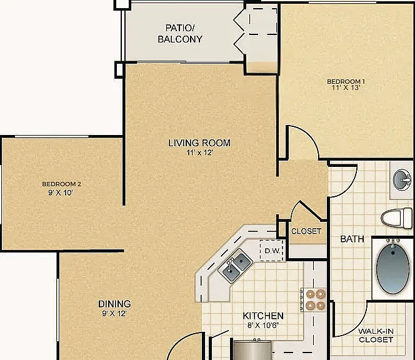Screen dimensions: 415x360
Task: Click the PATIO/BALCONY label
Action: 180,33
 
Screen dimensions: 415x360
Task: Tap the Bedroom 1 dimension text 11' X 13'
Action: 346,87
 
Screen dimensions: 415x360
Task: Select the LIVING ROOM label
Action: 199,143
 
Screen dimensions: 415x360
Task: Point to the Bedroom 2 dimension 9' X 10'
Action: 61,192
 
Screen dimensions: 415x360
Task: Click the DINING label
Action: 114,304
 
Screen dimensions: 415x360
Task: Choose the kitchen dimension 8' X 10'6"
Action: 263,325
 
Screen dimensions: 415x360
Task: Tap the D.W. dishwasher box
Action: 272,251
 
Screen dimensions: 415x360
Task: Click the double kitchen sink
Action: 235,266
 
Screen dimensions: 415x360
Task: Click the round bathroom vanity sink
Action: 402,180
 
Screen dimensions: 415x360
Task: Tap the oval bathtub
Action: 392,268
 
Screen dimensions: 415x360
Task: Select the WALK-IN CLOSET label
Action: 376,336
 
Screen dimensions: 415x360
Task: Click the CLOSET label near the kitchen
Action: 306,231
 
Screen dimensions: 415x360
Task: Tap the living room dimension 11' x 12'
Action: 199,152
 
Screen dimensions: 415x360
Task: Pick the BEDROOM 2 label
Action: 61,184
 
